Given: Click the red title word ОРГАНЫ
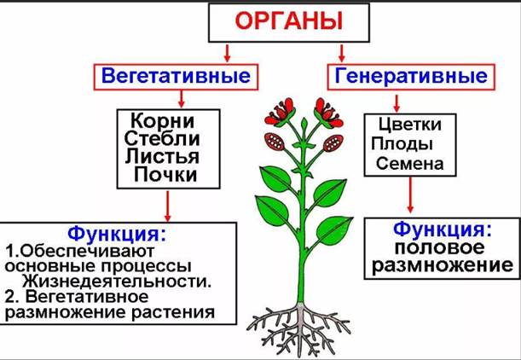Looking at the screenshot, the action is [289, 21].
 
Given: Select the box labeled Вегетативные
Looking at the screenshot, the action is [176, 77].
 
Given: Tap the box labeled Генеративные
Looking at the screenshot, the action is [411, 77].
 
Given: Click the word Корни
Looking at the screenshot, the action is [163, 120].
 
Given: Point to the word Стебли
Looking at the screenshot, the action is [162, 138].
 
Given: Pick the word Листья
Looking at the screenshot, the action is [162, 156].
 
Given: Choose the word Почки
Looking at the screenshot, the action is [165, 174].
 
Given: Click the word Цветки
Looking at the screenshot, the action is [410, 125].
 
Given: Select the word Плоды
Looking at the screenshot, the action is [402, 144].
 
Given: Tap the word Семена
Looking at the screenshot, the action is [409, 164].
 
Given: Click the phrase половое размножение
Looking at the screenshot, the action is [443, 257].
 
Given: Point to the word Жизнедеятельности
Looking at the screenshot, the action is [117, 282].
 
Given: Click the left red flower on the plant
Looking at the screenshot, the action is [280, 112].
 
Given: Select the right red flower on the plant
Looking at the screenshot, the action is [328, 113].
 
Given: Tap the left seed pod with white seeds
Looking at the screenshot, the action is [275, 142].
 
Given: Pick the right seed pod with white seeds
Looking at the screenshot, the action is [333, 143].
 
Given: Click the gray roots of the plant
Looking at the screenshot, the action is [299, 329].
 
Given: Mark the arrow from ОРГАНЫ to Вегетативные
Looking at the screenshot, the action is [228, 53].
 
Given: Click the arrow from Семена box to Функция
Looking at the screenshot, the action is [410, 195].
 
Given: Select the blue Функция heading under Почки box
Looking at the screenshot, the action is [116, 234].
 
